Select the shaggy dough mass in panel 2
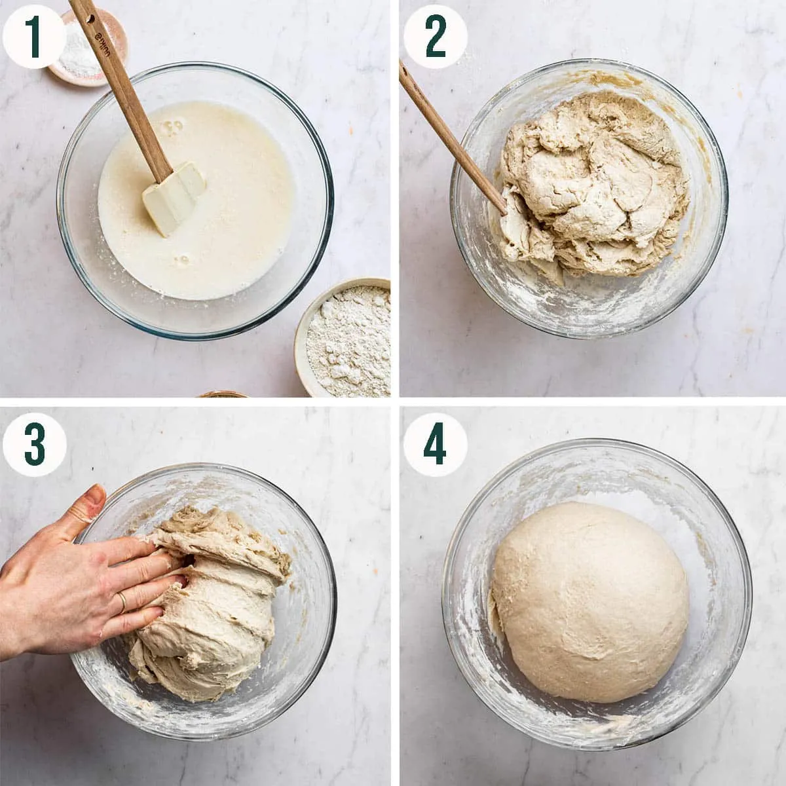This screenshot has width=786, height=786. (x=596, y=190)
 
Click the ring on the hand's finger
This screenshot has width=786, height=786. (x=122, y=602)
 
